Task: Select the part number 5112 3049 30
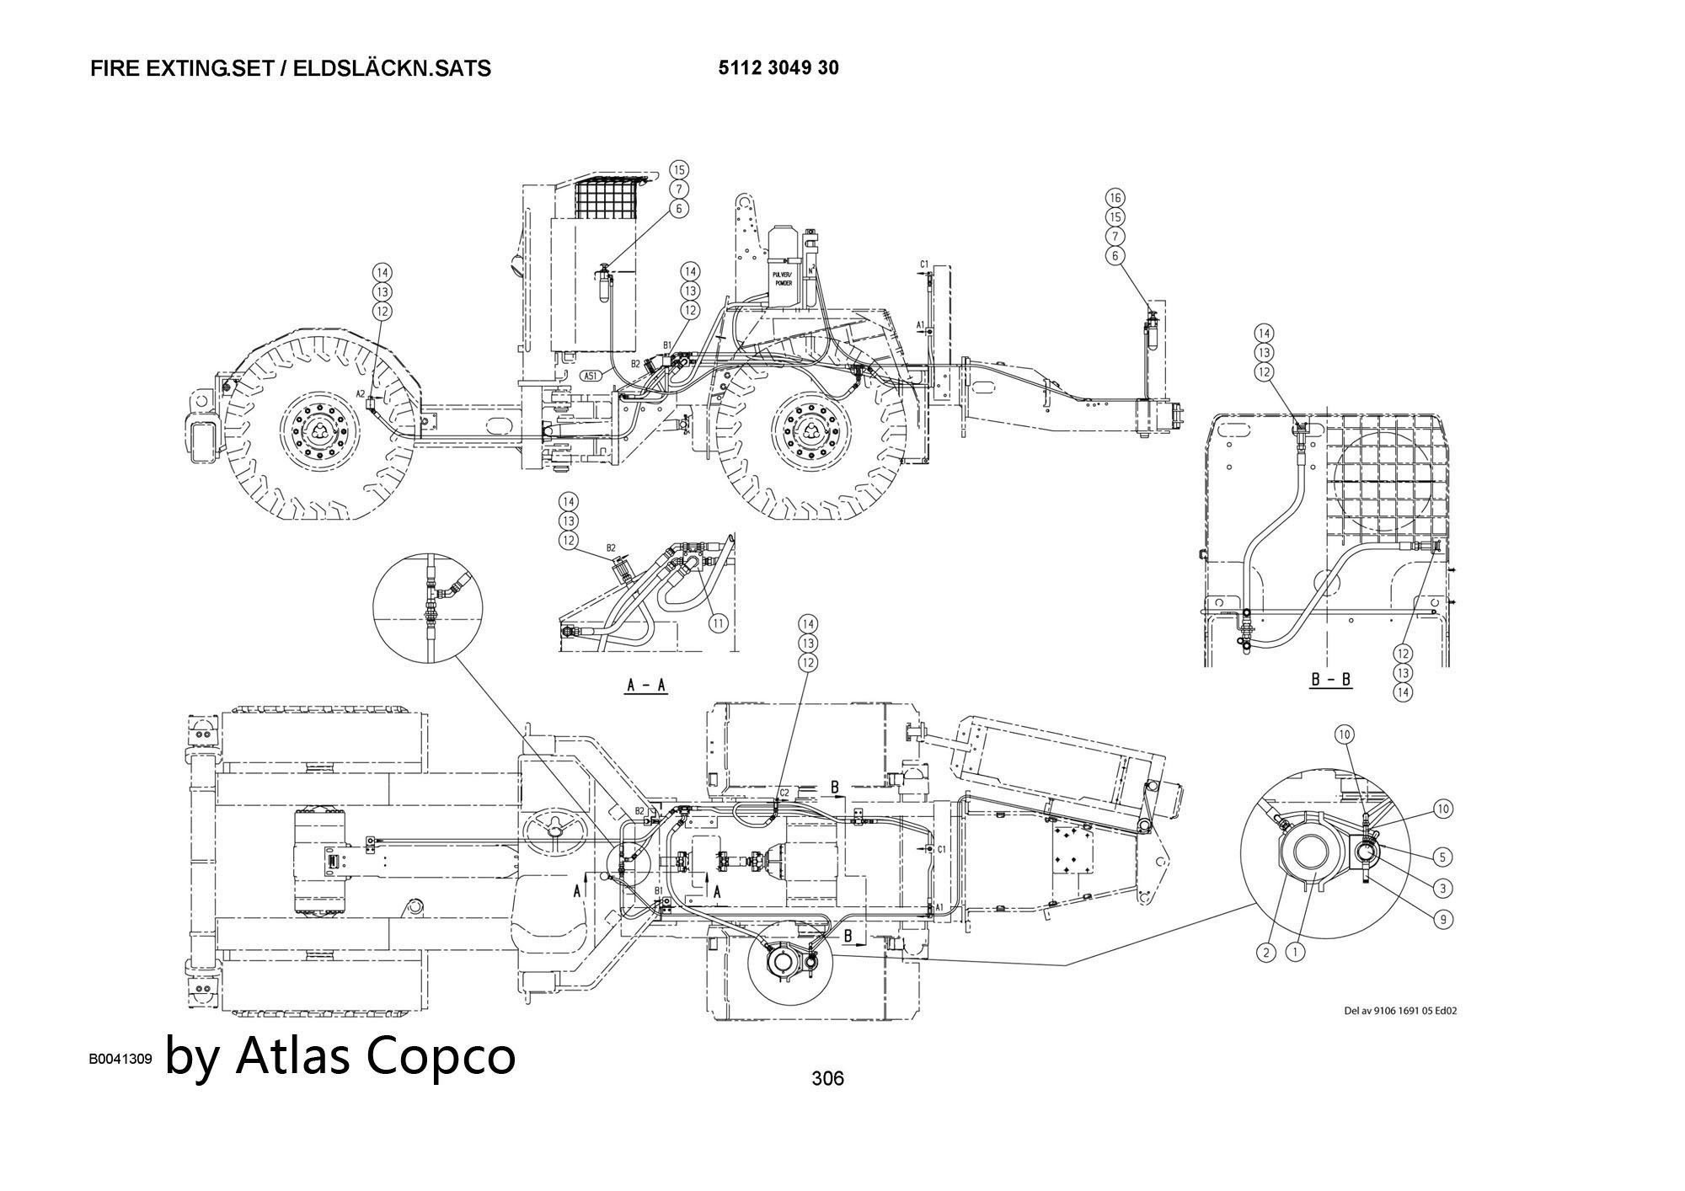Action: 778,68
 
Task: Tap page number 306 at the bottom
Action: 827,1077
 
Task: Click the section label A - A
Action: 646,685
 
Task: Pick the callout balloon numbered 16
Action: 1115,198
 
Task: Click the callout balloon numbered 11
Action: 718,623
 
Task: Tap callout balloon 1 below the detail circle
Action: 1296,953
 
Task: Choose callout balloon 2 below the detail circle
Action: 1265,953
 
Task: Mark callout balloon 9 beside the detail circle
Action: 1443,919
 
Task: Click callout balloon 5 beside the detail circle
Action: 1443,857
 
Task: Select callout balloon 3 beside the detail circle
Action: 1443,888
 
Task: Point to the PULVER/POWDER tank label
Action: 783,279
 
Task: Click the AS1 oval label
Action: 591,376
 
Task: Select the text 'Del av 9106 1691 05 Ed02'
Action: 1399,1011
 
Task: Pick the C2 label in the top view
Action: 784,793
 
